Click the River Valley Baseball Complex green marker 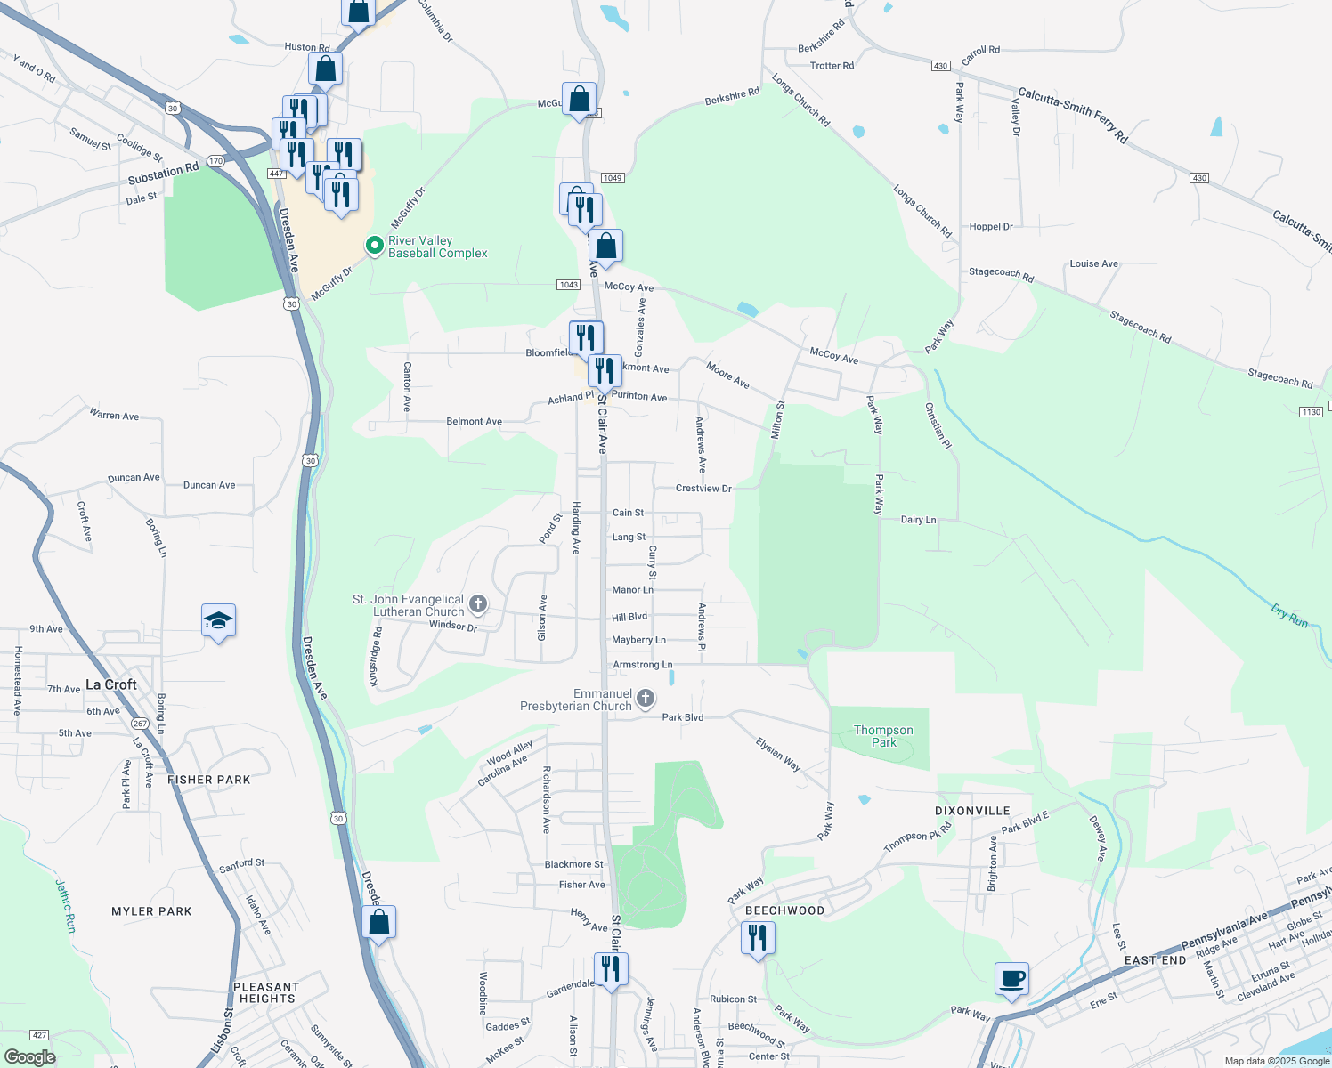(x=375, y=245)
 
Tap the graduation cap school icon (x=218, y=621)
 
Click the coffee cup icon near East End (x=1011, y=979)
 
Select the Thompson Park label (x=883, y=736)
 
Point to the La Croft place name (x=111, y=684)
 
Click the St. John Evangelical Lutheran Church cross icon (x=478, y=605)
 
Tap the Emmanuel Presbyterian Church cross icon (x=646, y=700)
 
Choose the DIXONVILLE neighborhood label (x=972, y=811)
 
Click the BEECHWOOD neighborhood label (x=784, y=910)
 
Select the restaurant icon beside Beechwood (x=758, y=938)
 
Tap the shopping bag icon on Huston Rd (x=326, y=69)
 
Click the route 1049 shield (x=613, y=178)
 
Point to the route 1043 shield (x=569, y=285)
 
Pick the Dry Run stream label (x=1289, y=616)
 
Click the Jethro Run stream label (x=66, y=906)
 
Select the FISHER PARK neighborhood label (x=209, y=780)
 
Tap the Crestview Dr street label (x=703, y=489)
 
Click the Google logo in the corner (x=29, y=1057)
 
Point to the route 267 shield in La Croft (x=139, y=724)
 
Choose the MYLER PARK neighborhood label (x=151, y=911)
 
